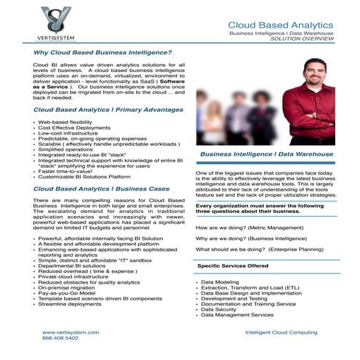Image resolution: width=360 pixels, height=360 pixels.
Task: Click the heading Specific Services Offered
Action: coord(239,266)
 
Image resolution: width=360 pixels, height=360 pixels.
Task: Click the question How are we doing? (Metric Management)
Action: coord(251,228)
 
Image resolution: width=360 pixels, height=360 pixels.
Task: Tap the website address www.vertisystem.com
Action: coord(70,332)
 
